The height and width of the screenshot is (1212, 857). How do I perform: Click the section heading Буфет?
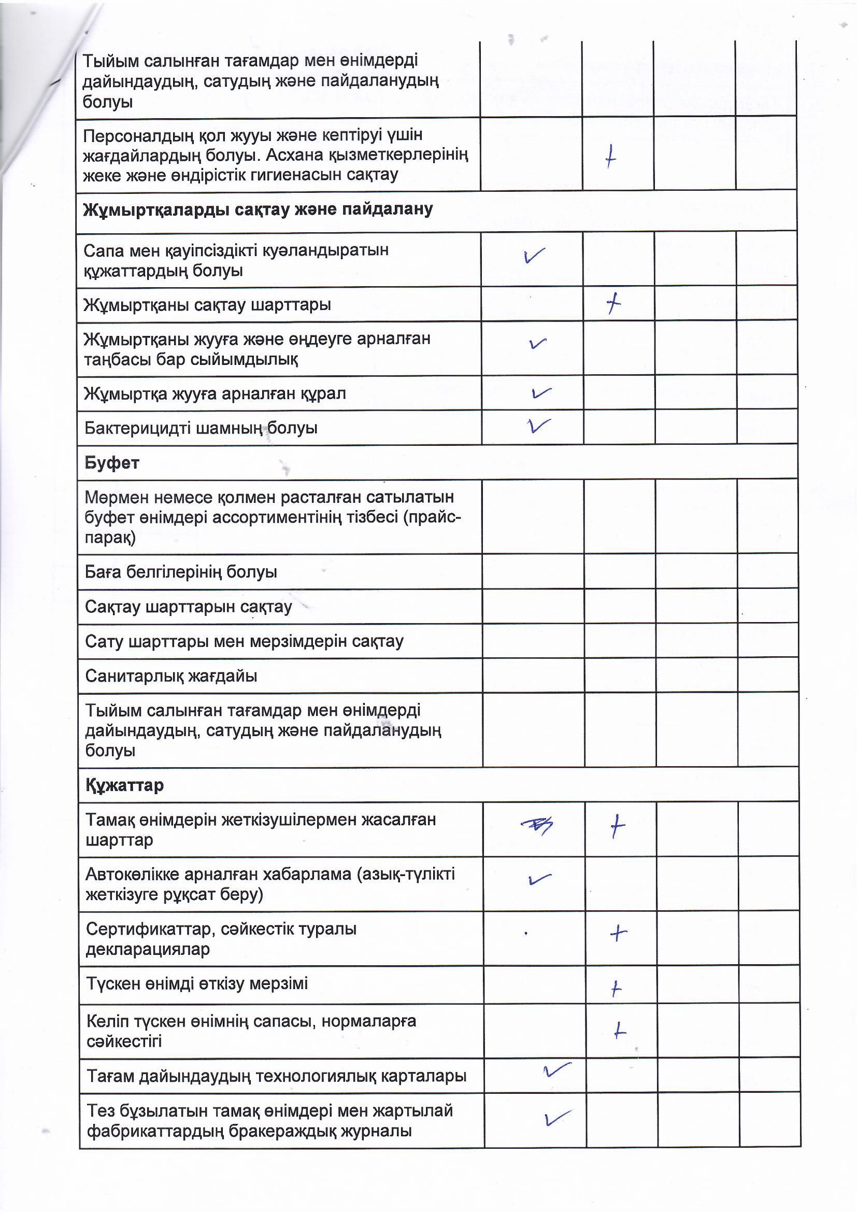[x=112, y=463]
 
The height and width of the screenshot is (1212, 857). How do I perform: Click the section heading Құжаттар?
[x=124, y=785]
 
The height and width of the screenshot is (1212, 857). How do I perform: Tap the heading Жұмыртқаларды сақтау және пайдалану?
[x=258, y=209]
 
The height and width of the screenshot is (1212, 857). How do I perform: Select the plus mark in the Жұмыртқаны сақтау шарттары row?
[x=613, y=304]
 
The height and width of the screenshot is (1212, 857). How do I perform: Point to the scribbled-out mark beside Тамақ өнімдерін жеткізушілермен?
[x=537, y=826]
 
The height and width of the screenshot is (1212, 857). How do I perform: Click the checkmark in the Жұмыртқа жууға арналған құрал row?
[x=541, y=393]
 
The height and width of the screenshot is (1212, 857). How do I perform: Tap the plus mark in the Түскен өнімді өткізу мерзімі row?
[x=616, y=988]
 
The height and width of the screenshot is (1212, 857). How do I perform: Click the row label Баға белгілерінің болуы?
[x=181, y=572]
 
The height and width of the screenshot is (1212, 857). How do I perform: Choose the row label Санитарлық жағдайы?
[x=171, y=675]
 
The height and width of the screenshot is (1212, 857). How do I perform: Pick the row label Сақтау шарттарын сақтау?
[x=189, y=607]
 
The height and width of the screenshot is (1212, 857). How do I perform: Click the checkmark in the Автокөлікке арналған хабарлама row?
[x=539, y=879]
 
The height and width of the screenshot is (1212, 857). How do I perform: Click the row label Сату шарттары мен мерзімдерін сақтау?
[x=245, y=641]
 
